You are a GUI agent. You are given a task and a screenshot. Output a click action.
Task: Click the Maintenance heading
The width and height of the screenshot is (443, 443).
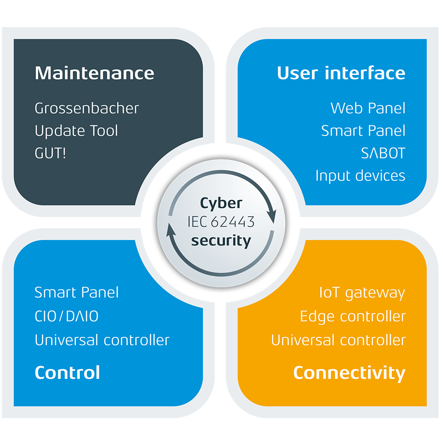tap(94, 73)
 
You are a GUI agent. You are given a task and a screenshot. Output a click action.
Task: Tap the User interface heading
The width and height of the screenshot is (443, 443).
tap(341, 73)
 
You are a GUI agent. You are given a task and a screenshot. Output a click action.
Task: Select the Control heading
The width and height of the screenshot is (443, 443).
tap(67, 373)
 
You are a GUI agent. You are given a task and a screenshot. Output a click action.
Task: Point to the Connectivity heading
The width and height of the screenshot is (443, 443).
tap(349, 373)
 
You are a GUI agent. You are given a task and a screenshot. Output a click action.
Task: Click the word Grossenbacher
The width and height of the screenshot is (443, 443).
tap(87, 108)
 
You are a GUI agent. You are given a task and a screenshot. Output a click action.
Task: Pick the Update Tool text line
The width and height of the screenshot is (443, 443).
tap(76, 131)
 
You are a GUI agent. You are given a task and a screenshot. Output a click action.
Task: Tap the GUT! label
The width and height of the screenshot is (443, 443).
tap(50, 154)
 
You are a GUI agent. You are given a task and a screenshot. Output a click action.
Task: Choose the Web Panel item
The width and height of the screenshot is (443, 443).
tap(368, 108)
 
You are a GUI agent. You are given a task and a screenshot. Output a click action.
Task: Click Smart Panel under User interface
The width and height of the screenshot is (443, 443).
tap(363, 131)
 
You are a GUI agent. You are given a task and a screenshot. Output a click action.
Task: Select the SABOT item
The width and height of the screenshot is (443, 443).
tap(383, 154)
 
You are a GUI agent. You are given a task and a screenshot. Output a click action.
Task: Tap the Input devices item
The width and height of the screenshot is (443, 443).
tap(360, 176)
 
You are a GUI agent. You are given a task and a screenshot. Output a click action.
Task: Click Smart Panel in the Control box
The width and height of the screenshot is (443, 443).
tap(77, 292)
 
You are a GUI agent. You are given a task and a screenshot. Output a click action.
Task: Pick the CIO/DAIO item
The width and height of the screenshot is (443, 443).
tap(66, 316)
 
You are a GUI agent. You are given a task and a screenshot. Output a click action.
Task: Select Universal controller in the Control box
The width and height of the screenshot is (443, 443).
tap(102, 340)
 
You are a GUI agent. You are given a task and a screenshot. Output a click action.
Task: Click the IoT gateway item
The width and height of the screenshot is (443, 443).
tap(362, 293)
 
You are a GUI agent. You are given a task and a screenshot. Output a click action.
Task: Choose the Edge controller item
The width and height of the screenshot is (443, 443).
tap(353, 317)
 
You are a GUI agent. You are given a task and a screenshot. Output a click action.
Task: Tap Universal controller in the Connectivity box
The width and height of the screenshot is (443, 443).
tap(338, 340)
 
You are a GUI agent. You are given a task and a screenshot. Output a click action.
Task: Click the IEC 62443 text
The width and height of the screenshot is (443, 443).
tap(221, 222)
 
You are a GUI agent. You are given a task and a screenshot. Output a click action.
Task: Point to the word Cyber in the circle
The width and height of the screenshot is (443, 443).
tap(221, 203)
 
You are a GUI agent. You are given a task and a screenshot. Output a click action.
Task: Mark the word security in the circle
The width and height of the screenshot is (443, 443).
tap(221, 241)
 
